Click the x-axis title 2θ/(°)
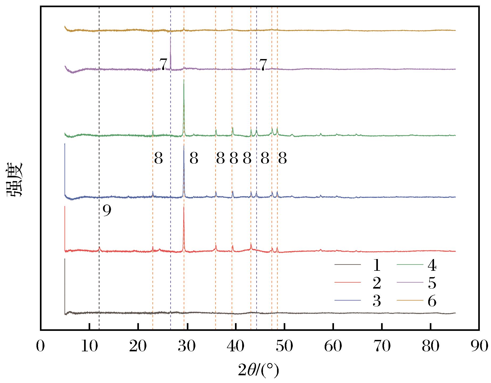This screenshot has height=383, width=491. click(258, 369)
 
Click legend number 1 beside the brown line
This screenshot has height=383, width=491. click(377, 266)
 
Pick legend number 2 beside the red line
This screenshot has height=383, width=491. click(377, 284)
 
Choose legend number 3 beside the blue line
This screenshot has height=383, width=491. click(377, 301)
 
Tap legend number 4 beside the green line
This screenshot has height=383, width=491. click(432, 266)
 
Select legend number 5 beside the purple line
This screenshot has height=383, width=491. click(432, 284)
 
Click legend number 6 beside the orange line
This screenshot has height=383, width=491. click(432, 301)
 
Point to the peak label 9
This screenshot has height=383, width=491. click(107, 211)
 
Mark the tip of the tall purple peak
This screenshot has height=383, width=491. click(170, 38)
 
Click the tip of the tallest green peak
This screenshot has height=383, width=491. click(184, 80)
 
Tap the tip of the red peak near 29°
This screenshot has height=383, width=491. click(184, 207)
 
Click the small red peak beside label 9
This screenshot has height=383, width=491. click(99, 247)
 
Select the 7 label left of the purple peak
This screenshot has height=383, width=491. click(163, 64)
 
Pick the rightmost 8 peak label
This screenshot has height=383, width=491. click(282, 159)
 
